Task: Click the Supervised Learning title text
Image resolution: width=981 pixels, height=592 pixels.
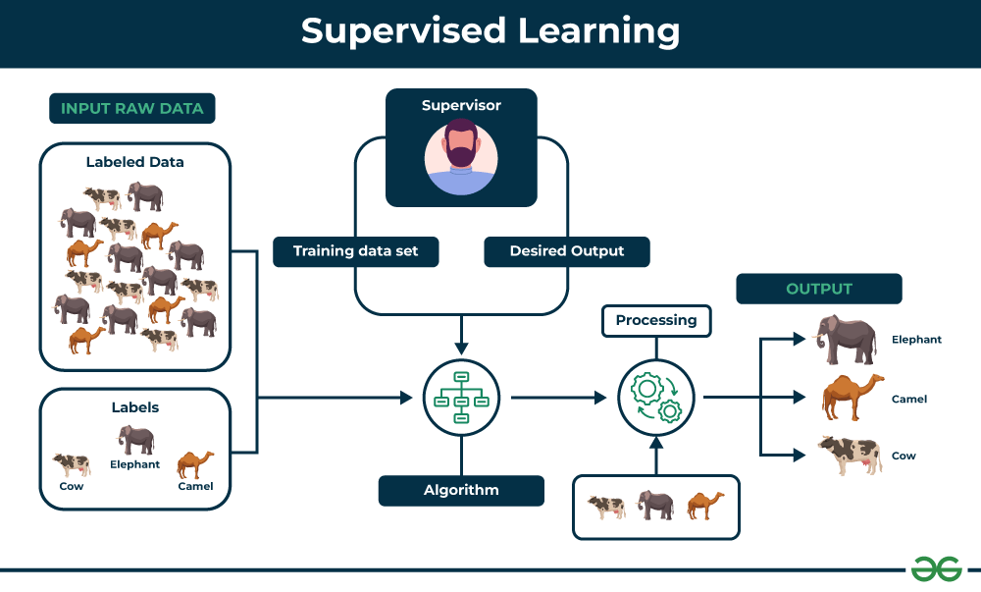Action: (x=490, y=31)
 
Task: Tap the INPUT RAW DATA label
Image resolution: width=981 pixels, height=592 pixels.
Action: (x=131, y=108)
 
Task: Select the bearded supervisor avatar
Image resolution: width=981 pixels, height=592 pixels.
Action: (x=461, y=157)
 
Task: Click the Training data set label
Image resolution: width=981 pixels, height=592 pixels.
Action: (x=355, y=251)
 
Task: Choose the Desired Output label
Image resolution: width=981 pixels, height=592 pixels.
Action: (x=566, y=251)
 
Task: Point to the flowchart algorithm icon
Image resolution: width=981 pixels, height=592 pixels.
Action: (x=461, y=397)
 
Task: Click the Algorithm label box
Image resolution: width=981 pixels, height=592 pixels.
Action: (x=461, y=490)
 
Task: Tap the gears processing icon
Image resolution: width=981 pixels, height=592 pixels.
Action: (x=656, y=397)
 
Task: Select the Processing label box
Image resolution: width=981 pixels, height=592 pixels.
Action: (x=656, y=320)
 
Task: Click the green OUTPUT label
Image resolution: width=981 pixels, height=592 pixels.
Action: (x=818, y=289)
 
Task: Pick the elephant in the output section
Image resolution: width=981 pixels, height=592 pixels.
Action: (x=848, y=340)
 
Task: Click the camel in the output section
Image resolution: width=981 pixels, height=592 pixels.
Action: (x=852, y=397)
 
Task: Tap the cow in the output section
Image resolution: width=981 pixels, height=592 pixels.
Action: (x=850, y=456)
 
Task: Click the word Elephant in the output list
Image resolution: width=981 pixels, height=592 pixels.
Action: (x=916, y=340)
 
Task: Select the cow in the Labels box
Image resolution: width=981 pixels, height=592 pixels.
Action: (x=72, y=463)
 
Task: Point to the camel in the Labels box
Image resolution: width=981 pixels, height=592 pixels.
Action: (x=195, y=463)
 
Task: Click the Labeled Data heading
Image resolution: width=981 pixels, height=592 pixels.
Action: (x=134, y=162)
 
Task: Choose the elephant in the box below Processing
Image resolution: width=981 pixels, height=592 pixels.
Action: (x=655, y=506)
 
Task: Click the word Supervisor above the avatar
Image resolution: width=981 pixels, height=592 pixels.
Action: (x=461, y=105)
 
